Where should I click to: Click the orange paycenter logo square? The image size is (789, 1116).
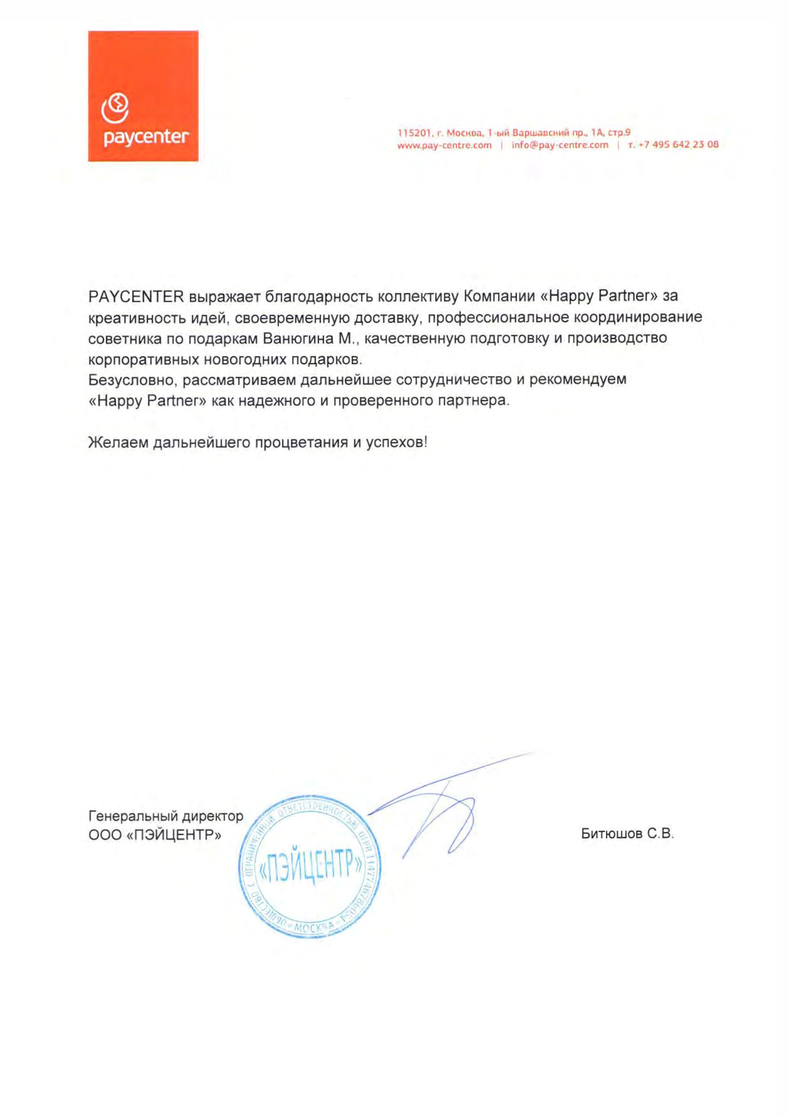point(143,95)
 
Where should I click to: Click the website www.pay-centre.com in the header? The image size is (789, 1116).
point(444,145)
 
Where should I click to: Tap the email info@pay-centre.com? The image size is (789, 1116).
point(559,145)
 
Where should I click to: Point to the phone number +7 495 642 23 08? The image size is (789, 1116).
point(678,144)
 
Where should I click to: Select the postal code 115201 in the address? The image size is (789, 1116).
point(414,132)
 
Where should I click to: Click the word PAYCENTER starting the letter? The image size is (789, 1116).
point(136,296)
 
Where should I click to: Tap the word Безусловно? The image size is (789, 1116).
point(131,380)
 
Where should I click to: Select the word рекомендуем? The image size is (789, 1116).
point(578,379)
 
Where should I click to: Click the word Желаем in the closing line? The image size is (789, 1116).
point(118,442)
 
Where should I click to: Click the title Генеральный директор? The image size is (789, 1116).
point(165,816)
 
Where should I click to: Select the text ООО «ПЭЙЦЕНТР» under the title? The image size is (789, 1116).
point(155,835)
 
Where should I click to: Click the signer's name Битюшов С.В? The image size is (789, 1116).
point(627,834)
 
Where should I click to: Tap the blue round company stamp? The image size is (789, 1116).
point(310,867)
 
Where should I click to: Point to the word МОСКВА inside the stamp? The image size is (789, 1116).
point(314,926)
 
